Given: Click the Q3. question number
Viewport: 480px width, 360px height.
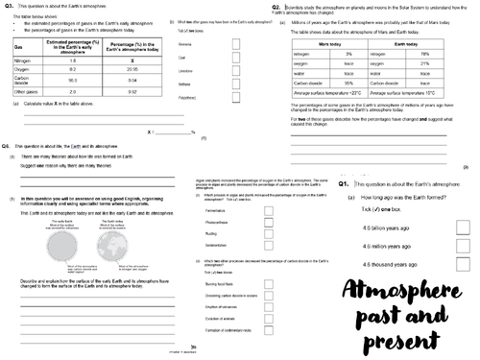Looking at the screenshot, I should tap(9, 8).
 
